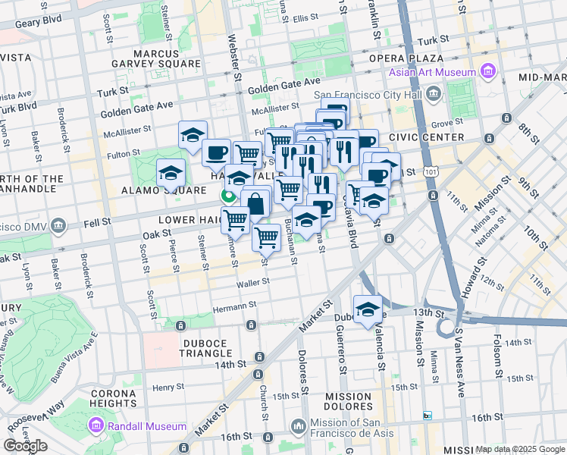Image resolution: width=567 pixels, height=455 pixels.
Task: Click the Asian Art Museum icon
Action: pos(487,72)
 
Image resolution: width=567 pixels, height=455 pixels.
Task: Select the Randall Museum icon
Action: pos(98,425)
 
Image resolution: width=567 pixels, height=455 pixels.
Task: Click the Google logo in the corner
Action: pos(26,446)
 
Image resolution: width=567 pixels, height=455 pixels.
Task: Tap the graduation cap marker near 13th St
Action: pos(368,309)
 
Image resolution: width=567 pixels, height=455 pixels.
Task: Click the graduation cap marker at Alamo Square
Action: pos(171,173)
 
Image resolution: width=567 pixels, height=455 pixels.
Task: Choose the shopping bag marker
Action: pos(256,203)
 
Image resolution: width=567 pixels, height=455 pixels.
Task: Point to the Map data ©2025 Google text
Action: pos(519,449)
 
